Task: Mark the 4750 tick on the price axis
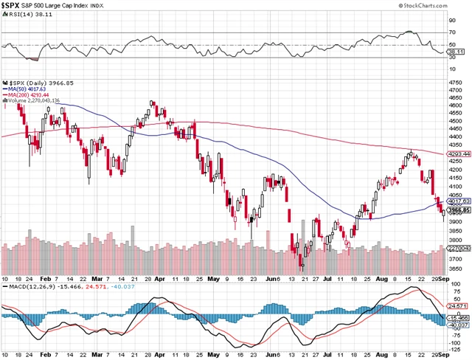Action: point(459,81)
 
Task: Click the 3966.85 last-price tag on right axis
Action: point(460,210)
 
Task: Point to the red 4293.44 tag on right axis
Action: point(460,153)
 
